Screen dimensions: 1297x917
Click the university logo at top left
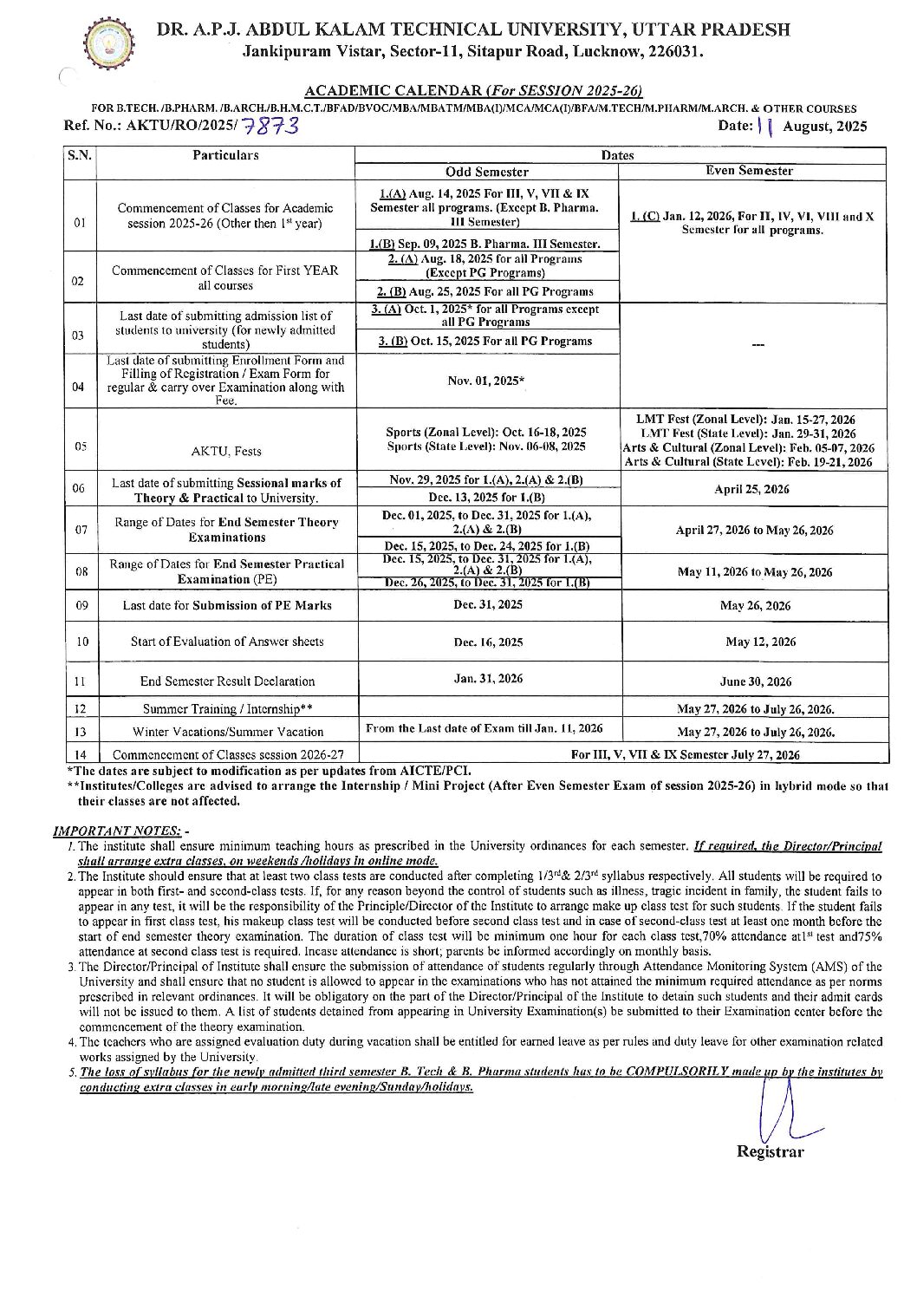coord(110,42)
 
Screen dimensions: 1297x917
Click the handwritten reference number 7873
coord(271,127)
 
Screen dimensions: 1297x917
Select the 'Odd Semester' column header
coord(487,172)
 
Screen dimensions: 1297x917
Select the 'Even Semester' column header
coord(750,171)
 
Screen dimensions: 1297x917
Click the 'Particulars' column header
coord(225,155)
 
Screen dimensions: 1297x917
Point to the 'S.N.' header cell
coord(80,155)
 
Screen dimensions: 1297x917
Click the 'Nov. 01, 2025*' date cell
coord(487,381)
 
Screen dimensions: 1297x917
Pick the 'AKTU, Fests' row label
coord(225,451)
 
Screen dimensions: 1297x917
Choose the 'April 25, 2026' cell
coord(751,489)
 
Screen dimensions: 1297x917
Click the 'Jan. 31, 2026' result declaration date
coord(488,679)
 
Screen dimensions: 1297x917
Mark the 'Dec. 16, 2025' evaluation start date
coord(488,642)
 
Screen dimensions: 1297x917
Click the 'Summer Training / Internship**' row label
coord(227,708)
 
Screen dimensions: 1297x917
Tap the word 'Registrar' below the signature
coord(770,1152)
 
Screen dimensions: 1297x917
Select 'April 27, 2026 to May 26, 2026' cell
coord(754,531)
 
